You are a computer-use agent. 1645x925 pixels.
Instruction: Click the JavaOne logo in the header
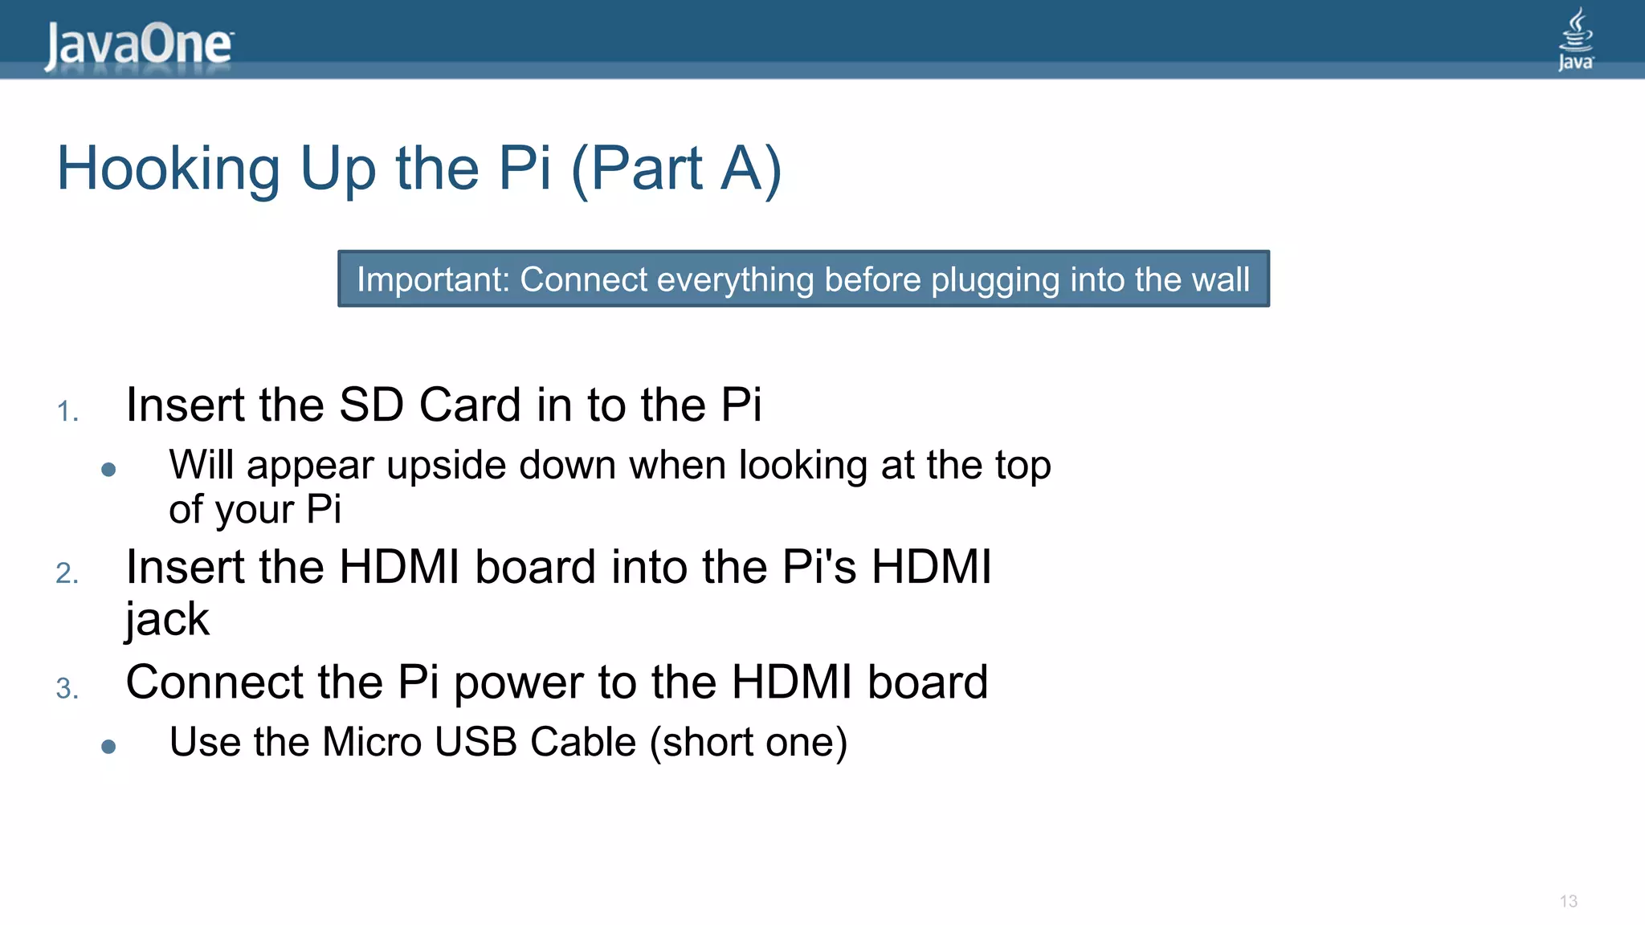coord(138,45)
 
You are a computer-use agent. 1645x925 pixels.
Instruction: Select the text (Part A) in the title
coord(676,169)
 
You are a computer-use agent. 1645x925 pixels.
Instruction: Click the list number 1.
coord(67,412)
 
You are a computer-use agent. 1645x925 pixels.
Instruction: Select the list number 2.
coord(67,573)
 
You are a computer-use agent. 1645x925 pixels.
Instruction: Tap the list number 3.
coord(67,689)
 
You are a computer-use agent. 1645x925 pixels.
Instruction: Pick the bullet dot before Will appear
coord(109,470)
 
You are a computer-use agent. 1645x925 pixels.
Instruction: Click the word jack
coord(167,620)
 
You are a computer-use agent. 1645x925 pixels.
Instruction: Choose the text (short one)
coord(749,743)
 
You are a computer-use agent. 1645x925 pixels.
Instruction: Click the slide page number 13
coord(1569,902)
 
